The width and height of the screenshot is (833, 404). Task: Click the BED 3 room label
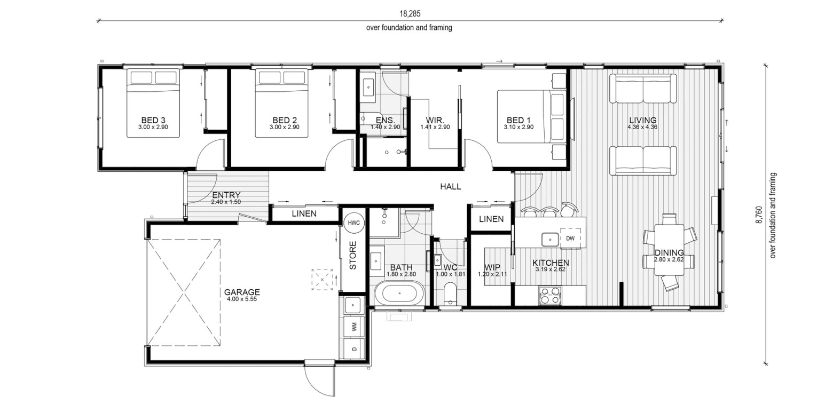coord(153,120)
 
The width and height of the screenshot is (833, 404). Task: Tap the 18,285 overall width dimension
coord(410,14)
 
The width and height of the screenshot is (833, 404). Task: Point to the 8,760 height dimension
coord(758,215)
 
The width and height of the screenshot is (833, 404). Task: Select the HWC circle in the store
coord(353,223)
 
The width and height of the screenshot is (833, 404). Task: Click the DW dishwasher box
coord(570,238)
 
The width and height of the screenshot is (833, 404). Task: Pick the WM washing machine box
coord(354,327)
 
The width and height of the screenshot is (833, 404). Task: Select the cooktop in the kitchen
coord(550,296)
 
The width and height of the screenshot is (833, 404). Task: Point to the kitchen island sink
coord(549,240)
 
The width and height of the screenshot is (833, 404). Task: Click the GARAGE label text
coord(242,292)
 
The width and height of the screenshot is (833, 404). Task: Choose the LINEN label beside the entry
coord(304,213)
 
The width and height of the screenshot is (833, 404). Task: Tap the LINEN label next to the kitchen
coord(491,219)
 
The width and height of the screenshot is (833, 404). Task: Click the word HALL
coord(450,187)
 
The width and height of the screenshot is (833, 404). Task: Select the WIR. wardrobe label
coord(435,121)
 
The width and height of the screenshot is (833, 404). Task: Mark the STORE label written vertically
coord(353,255)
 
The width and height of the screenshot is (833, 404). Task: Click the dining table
coord(670,249)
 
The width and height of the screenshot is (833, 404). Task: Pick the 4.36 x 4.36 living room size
coord(642,126)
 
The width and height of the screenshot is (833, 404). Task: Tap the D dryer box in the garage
coord(354,348)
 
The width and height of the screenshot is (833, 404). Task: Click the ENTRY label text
coord(226,195)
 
